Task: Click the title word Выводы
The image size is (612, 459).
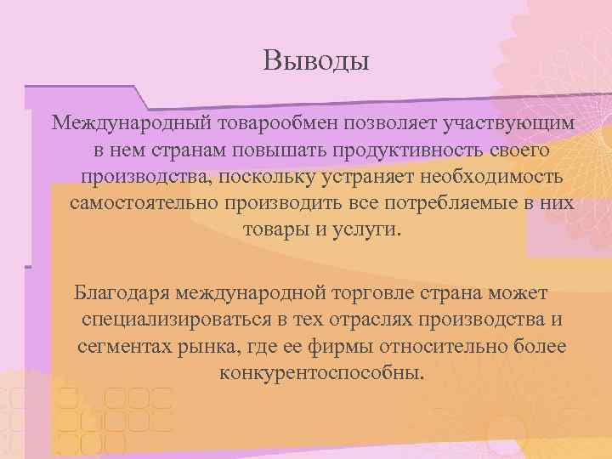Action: (316, 62)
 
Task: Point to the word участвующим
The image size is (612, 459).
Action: (507, 123)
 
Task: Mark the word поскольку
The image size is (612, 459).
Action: (259, 178)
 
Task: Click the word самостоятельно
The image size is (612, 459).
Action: (144, 205)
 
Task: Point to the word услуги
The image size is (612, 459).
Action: (365, 232)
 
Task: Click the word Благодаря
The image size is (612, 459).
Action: (122, 293)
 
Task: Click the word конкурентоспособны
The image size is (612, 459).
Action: (320, 375)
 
